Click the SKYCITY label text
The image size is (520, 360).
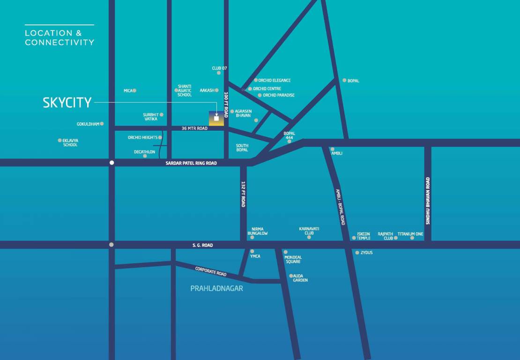pyautogui.click(x=67, y=103)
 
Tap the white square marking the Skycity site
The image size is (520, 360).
pyautogui.click(x=216, y=119)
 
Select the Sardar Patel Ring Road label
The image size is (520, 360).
pyautogui.click(x=191, y=163)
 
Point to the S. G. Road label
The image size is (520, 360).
pyautogui.click(x=202, y=245)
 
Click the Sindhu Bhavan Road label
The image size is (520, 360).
pyautogui.click(x=428, y=201)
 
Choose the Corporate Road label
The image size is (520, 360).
pyautogui.click(x=211, y=271)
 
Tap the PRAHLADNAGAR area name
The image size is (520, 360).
pyautogui.click(x=216, y=288)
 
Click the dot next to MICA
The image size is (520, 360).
pyautogui.click(x=134, y=90)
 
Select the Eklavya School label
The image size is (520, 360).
pyautogui.click(x=70, y=142)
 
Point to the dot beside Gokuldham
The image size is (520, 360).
pyautogui.click(x=102, y=124)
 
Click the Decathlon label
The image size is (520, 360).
pyautogui.click(x=144, y=152)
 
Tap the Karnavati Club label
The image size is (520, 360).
pyautogui.click(x=309, y=231)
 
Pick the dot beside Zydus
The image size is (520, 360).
pyautogui.click(x=357, y=253)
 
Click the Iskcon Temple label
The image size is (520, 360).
pyautogui.click(x=364, y=236)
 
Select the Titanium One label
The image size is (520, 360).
pyautogui.click(x=410, y=233)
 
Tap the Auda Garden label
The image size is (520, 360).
pyautogui.click(x=300, y=278)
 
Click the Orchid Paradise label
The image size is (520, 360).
pyautogui.click(x=279, y=95)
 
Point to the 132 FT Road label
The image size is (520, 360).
pyautogui.click(x=243, y=194)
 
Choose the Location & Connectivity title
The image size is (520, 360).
pyautogui.click(x=59, y=37)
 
